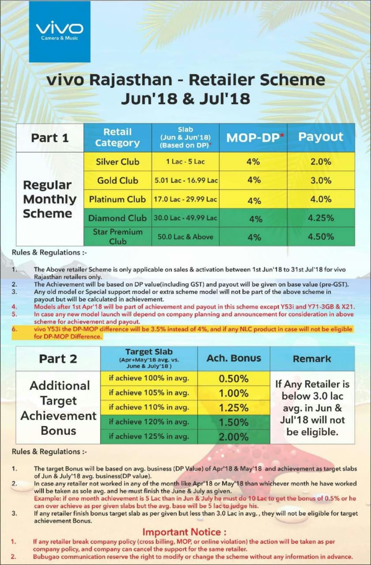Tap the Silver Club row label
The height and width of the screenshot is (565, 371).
coord(117,162)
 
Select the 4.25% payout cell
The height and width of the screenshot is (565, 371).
coord(321,218)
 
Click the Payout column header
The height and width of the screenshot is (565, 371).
coord(321,137)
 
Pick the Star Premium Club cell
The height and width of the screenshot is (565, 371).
coord(117,237)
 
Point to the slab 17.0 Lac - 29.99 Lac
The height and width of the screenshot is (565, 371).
coord(185,199)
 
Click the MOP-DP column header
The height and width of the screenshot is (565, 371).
coord(254,137)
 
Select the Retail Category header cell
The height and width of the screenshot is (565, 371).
coord(117,137)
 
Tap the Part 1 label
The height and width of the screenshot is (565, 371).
coord(50,138)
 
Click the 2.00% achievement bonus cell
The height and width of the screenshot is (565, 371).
coord(234,437)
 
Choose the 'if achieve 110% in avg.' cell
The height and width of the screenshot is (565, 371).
coord(149,407)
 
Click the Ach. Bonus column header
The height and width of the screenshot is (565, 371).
coord(234,358)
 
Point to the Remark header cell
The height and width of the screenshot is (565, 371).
coord(312,358)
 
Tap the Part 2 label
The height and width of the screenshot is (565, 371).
coord(58,359)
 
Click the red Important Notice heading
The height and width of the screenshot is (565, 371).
coord(185,532)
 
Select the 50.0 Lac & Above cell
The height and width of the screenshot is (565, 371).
coord(185,237)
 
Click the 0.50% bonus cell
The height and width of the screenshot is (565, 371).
coord(234,378)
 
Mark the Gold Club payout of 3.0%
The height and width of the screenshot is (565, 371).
coord(321,180)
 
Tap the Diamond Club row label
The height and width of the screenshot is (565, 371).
coord(117,218)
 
